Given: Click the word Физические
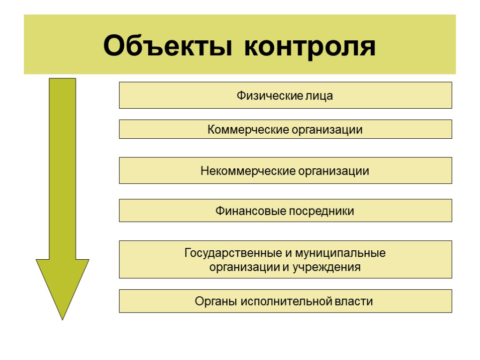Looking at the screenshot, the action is pyautogui.click(x=263, y=96).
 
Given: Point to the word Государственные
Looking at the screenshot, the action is pyautogui.click(x=233, y=254).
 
